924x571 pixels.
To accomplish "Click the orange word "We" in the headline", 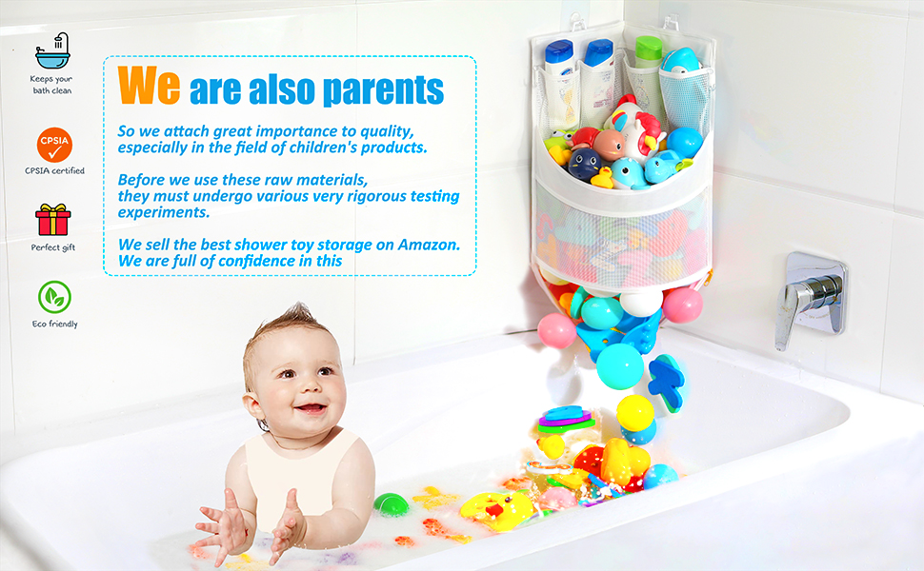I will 150,86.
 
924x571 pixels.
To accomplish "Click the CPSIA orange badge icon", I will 54,146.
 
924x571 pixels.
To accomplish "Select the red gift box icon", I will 53,220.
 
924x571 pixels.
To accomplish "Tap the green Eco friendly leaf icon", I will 54,298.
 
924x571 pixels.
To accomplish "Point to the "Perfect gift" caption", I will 54,247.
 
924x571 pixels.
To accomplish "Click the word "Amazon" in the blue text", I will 429,245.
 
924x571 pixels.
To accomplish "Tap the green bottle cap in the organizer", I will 649,45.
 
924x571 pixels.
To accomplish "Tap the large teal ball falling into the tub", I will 619,364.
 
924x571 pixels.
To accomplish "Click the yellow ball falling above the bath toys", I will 634,413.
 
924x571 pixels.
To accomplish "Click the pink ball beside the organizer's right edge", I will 682,305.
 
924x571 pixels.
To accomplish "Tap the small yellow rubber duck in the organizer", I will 602,177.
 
